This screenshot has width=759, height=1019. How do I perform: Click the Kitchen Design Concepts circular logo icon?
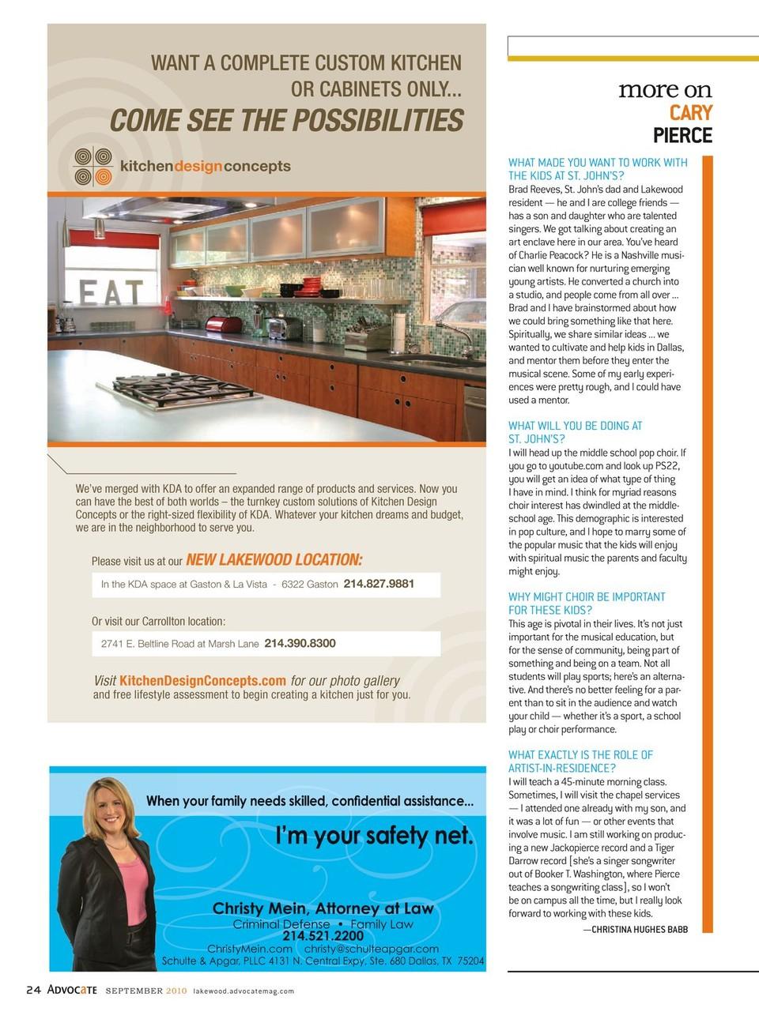[92, 166]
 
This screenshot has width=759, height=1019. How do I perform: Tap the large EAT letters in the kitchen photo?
[111, 293]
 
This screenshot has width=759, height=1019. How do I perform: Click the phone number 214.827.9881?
[379, 584]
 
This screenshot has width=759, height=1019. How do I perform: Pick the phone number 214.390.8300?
[300, 643]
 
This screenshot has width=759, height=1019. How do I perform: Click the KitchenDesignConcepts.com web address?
[202, 680]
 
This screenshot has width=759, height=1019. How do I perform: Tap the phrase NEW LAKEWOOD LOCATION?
[274, 560]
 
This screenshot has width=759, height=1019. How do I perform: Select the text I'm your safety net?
[374, 835]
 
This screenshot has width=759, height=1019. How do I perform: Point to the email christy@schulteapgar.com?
[372, 949]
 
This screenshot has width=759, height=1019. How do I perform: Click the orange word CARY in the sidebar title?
[690, 113]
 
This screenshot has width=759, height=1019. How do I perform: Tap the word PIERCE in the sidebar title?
[682, 136]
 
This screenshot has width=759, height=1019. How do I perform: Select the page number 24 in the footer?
[33, 991]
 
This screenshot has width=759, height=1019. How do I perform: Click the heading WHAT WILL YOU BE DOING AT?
[575, 426]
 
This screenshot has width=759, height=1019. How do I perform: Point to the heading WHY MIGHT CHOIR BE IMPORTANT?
[587, 597]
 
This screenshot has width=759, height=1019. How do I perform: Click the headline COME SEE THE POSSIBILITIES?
[286, 121]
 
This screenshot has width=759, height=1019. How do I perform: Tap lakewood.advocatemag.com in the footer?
[244, 991]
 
